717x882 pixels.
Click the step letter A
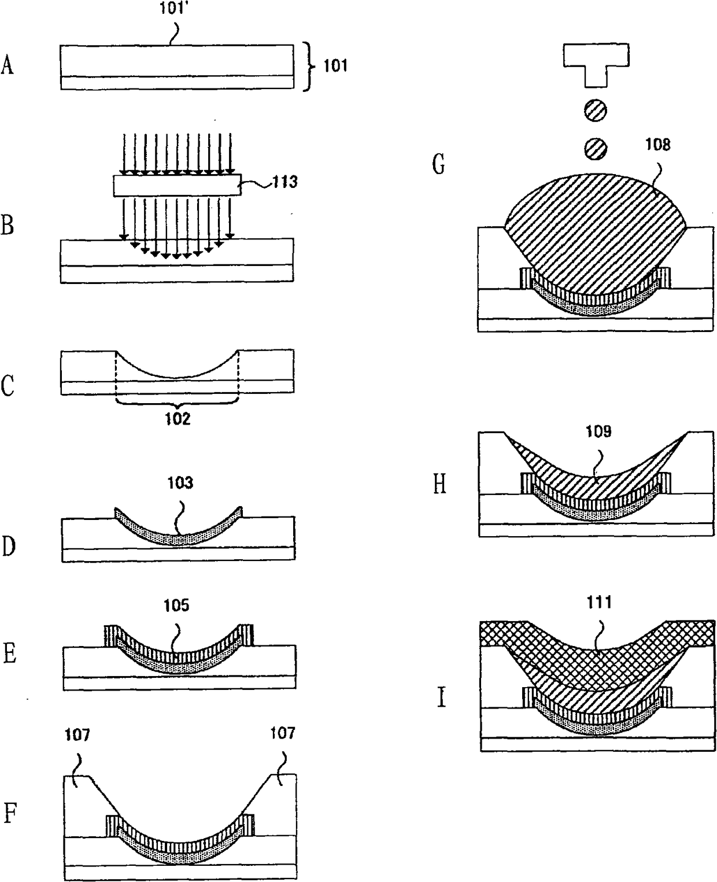(x=8, y=65)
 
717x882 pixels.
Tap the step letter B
(x=8, y=224)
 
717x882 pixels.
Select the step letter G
(x=439, y=164)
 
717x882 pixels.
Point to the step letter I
(x=441, y=698)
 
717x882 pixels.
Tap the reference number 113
(x=286, y=182)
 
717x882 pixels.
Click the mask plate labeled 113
(x=176, y=186)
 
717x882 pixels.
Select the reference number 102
(x=178, y=418)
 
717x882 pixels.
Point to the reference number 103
(x=180, y=482)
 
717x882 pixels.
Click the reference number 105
(x=176, y=605)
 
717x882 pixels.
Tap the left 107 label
(x=77, y=735)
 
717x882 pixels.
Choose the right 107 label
(x=282, y=733)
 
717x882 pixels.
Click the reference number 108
(x=658, y=144)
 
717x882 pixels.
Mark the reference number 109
(x=598, y=431)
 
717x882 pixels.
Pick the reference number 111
(x=600, y=602)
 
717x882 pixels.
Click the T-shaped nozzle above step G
(x=596, y=62)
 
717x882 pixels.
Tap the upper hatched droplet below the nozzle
(x=596, y=110)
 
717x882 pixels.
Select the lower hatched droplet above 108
(x=596, y=149)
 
